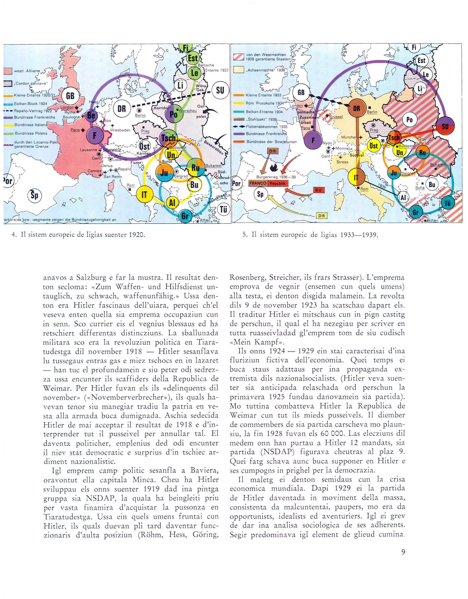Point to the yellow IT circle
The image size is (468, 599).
click(144, 195)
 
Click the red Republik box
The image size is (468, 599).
click(278, 183)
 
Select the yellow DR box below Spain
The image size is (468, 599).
click(322, 216)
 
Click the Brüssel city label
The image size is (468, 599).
click(336, 116)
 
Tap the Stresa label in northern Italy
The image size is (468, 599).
click(342, 162)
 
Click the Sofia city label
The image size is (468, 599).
click(420, 188)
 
